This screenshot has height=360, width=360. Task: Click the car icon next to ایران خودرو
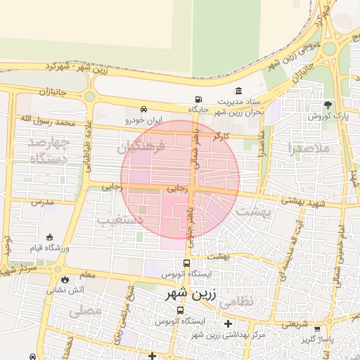point(143,110)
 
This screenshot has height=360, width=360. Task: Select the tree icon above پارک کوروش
point(328,105)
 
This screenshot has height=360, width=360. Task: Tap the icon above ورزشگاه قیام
point(49,238)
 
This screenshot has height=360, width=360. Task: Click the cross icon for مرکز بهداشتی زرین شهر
point(228,324)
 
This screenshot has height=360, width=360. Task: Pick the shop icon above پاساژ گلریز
point(317,328)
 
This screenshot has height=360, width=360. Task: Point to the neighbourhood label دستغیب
point(120,220)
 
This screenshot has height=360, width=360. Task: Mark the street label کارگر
point(221,134)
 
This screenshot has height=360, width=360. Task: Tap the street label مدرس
point(42,202)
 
